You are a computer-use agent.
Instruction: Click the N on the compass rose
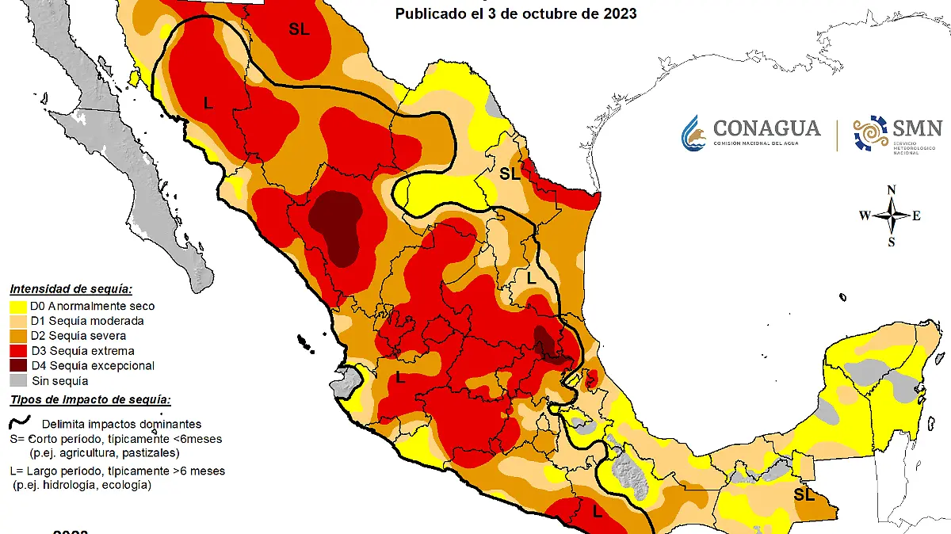(x=891, y=189)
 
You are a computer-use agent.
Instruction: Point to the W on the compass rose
(x=865, y=216)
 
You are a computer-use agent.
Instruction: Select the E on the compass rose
(x=917, y=216)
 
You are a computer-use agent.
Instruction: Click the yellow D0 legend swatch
(x=19, y=306)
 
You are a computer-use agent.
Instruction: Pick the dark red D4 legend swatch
(x=19, y=366)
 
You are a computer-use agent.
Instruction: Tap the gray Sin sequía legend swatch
(x=19, y=381)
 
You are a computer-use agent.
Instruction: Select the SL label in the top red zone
(x=299, y=29)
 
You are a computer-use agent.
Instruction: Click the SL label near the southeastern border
(x=804, y=495)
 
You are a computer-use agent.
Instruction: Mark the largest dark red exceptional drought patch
(x=337, y=226)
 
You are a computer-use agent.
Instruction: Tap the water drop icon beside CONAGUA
(x=693, y=133)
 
